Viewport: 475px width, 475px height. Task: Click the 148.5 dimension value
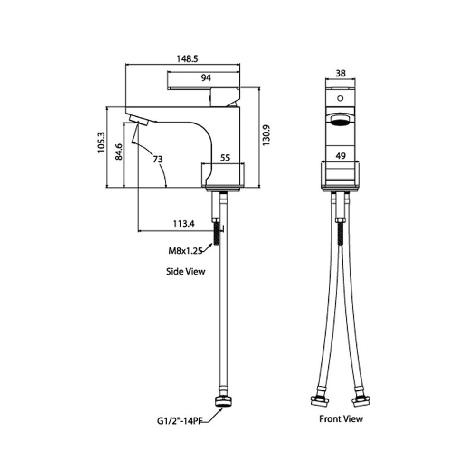(187, 58)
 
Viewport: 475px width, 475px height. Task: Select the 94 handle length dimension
(206, 78)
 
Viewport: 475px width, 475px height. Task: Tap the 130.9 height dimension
(266, 135)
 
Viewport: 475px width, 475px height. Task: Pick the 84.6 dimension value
(119, 152)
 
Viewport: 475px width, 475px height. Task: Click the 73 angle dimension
(158, 159)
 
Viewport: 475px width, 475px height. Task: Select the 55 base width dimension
(225, 158)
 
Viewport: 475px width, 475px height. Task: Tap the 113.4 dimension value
(184, 224)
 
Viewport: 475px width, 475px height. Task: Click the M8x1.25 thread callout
(185, 251)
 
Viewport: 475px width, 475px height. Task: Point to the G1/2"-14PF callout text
(180, 421)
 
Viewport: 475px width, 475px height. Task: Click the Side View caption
(185, 271)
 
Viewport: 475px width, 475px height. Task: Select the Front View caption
(341, 419)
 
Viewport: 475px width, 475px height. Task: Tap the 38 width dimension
(341, 73)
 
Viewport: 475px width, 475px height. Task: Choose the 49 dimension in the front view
(341, 156)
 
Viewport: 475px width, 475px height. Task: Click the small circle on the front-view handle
(340, 98)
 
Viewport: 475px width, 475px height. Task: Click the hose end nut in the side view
(223, 402)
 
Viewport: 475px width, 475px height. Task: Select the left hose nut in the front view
(320, 401)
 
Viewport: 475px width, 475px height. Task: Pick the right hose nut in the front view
(361, 401)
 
